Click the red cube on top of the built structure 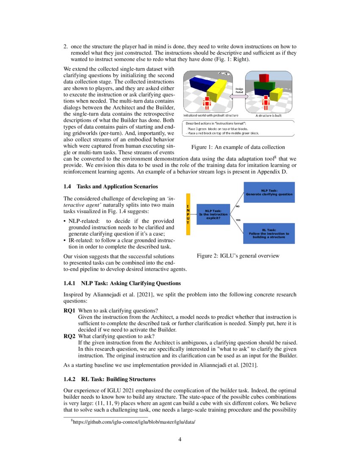[x=264, y=78]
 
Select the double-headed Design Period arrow [x=238, y=96]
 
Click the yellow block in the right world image [x=277, y=93]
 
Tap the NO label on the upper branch [x=238, y=206]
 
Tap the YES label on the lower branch [x=238, y=220]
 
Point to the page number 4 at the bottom [x=180, y=439]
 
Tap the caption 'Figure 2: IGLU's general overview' [x=238, y=256]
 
